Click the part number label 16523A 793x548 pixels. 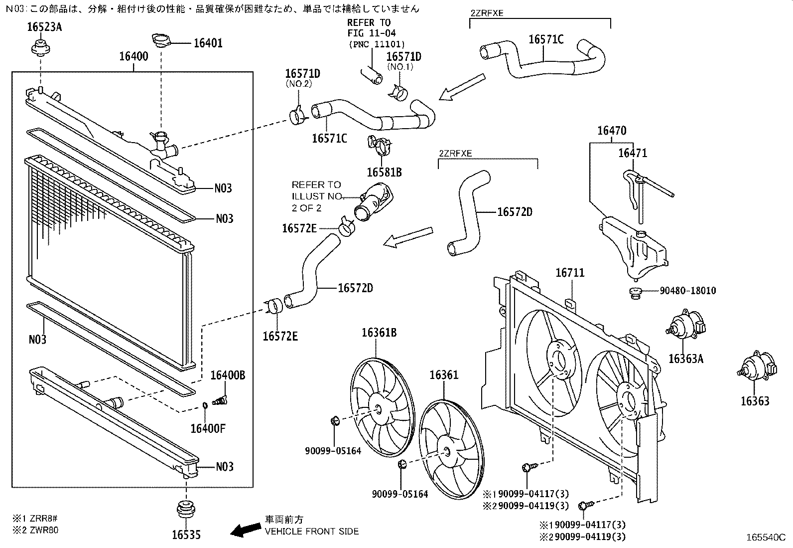pos(44,27)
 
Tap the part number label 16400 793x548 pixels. pos(133,56)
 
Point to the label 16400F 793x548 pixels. pos(208,428)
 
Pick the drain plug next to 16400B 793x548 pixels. pos(219,400)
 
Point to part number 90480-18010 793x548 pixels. pos(688,291)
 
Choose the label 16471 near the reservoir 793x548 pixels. pos(633,153)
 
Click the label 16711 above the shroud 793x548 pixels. pos(570,273)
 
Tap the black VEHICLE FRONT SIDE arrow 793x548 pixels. pos(246,530)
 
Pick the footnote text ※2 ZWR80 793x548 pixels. pos(36,530)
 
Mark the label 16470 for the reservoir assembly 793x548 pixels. pos(612,131)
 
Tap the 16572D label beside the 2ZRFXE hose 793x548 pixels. pos(515,212)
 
